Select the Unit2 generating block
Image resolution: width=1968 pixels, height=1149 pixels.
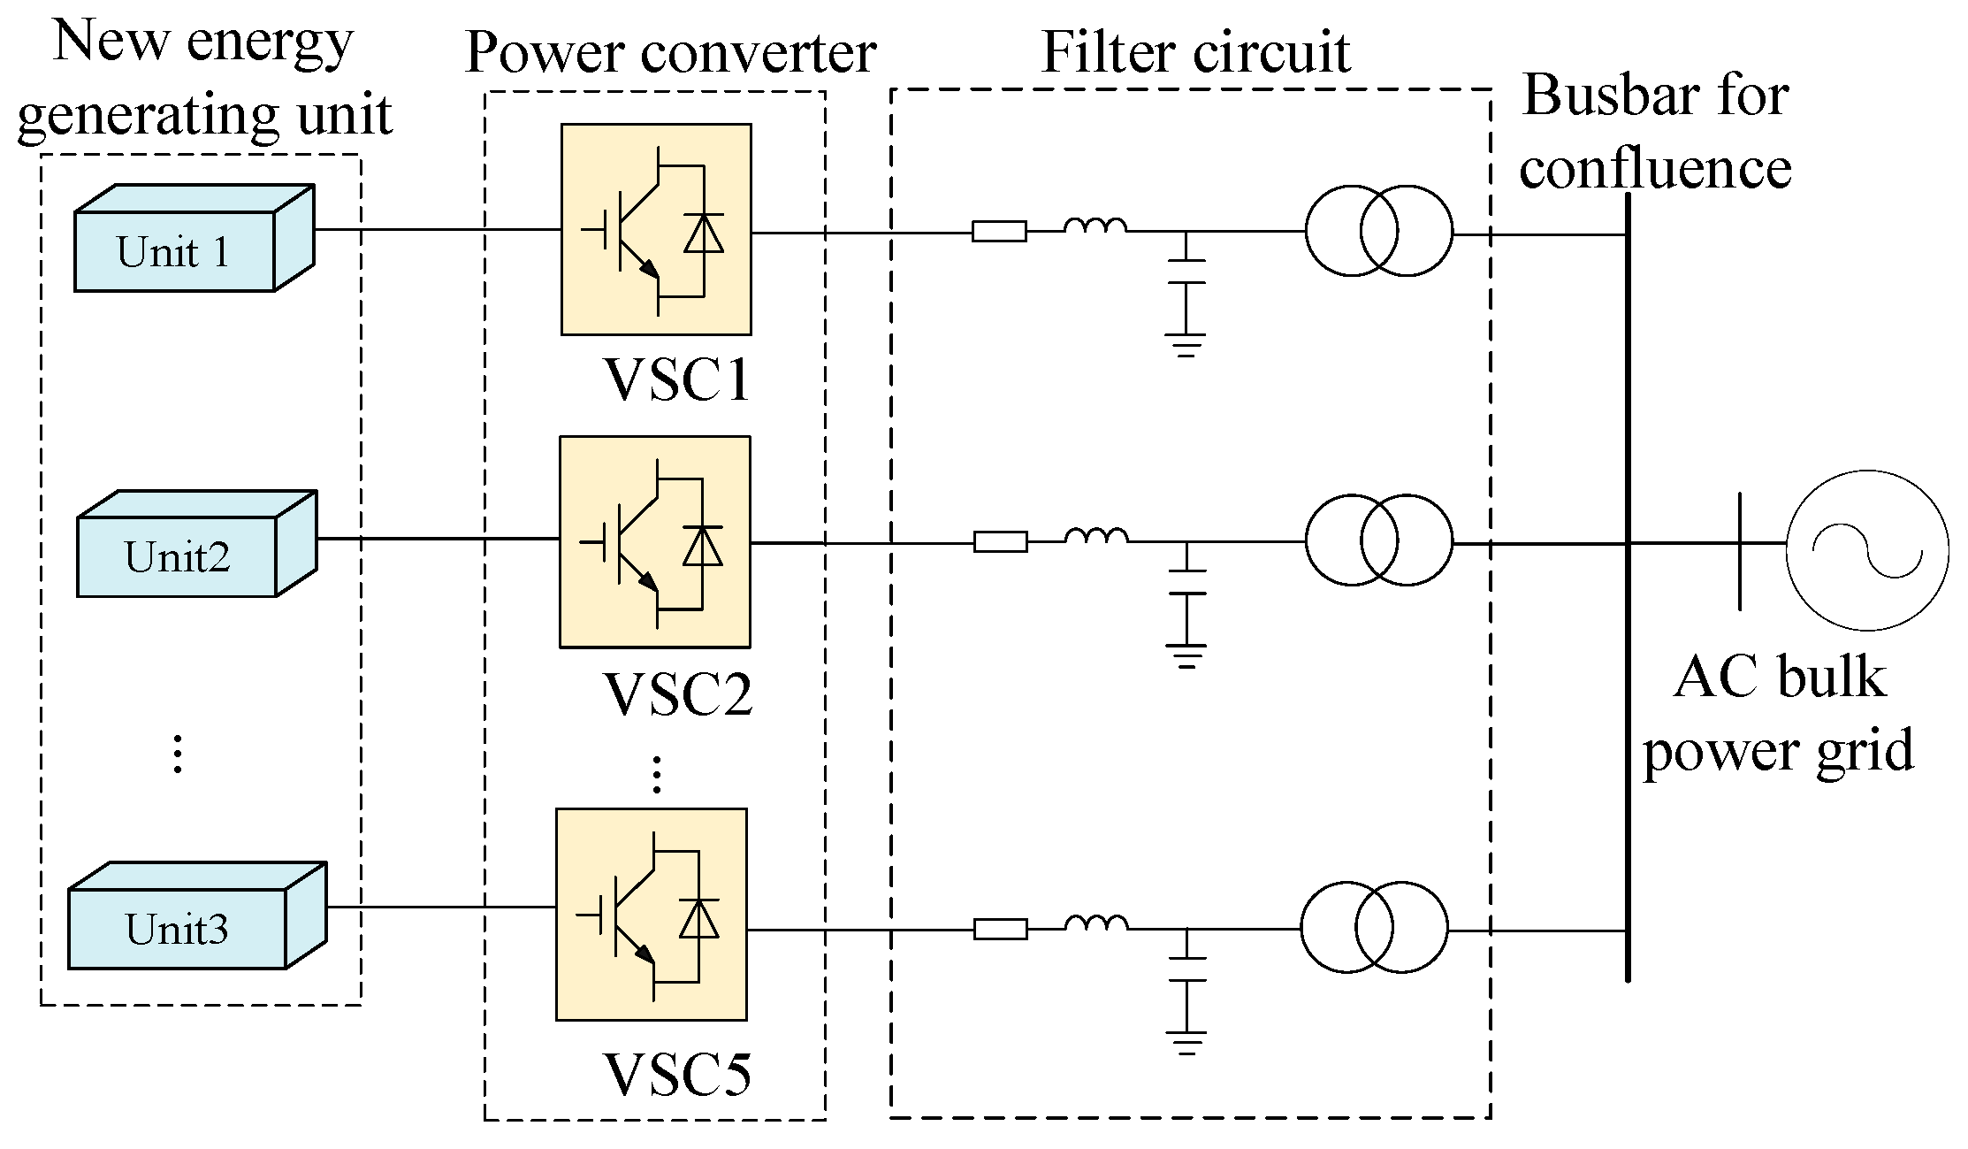click(x=178, y=556)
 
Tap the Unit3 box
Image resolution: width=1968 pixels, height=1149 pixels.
click(x=178, y=928)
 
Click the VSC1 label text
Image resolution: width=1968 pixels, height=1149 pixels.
click(x=677, y=379)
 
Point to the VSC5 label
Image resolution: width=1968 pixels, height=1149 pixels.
click(x=677, y=1075)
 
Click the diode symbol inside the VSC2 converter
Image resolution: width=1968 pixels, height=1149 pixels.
click(x=703, y=546)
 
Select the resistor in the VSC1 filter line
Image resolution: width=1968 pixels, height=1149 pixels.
click(x=999, y=232)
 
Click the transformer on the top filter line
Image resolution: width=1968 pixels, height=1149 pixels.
click(x=1378, y=231)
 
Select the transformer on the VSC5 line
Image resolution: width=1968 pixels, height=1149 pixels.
click(x=1374, y=927)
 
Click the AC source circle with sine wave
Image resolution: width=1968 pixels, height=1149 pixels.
click(x=1867, y=550)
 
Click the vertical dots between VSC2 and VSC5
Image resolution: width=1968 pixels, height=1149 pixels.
click(x=656, y=775)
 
